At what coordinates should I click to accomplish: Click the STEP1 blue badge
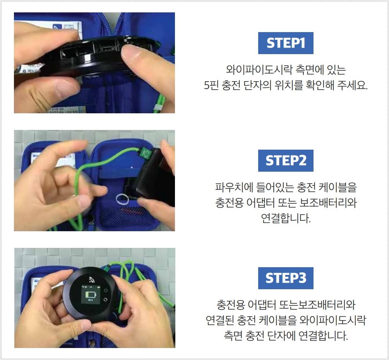click(286, 43)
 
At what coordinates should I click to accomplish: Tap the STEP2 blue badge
click(286, 160)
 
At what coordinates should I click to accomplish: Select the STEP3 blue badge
click(286, 278)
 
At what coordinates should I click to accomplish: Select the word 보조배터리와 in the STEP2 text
click(333, 203)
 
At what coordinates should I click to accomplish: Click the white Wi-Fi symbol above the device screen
click(92, 280)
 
